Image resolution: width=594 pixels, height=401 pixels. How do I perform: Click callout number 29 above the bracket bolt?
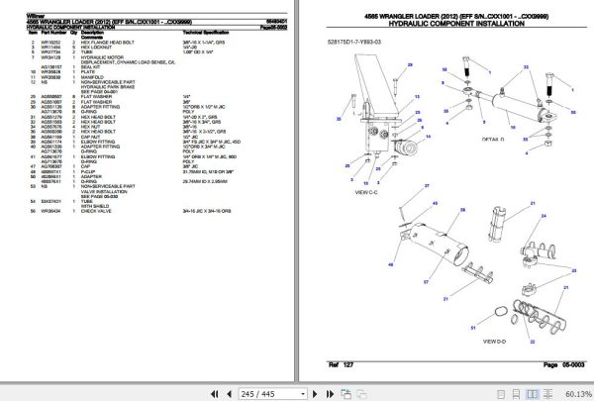coord(464,58)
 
